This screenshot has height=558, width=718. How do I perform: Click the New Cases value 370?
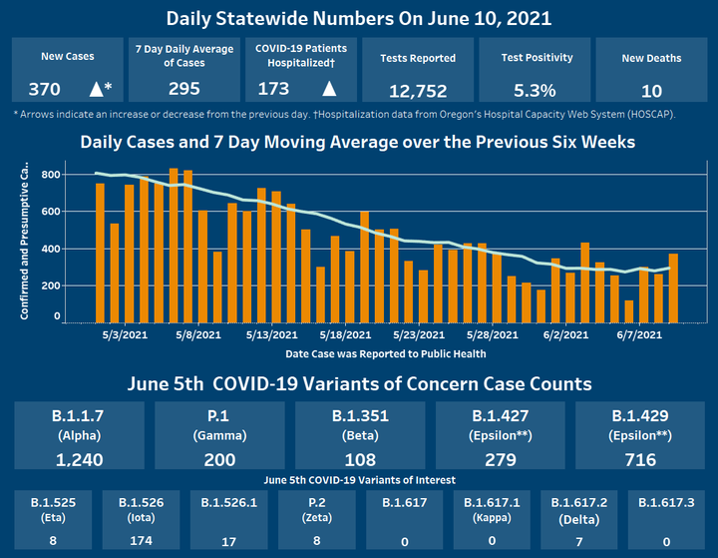coord(44,89)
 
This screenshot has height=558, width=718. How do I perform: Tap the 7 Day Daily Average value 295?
coord(183,89)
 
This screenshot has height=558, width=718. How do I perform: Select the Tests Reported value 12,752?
coord(418,91)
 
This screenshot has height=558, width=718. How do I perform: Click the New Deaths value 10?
coord(651,90)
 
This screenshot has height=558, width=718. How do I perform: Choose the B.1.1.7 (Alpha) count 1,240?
coord(79,459)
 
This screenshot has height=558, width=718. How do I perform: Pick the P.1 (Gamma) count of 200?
coord(219,459)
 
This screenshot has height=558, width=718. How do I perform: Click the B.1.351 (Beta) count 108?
coord(360,459)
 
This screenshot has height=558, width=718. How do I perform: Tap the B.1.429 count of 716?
coord(639,459)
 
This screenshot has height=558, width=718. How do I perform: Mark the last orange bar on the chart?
coord(673,288)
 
